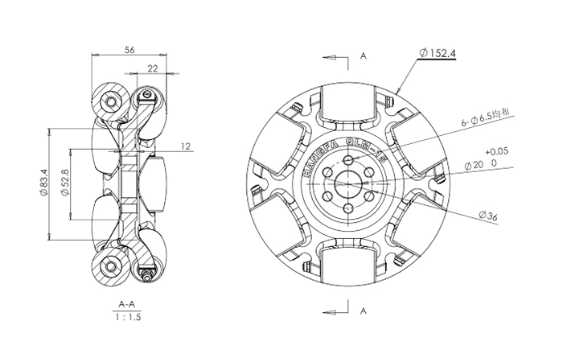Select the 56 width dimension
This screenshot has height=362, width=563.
[x=129, y=49]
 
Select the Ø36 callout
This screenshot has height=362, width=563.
[x=488, y=215]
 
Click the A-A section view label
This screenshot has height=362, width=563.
[x=126, y=305]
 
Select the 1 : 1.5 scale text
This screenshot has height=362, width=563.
[x=126, y=318]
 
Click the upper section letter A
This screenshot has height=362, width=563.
[x=364, y=56]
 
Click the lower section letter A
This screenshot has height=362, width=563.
[x=364, y=310]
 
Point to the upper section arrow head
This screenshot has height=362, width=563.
[x=326, y=57]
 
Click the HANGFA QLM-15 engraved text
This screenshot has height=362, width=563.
[x=333, y=153]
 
